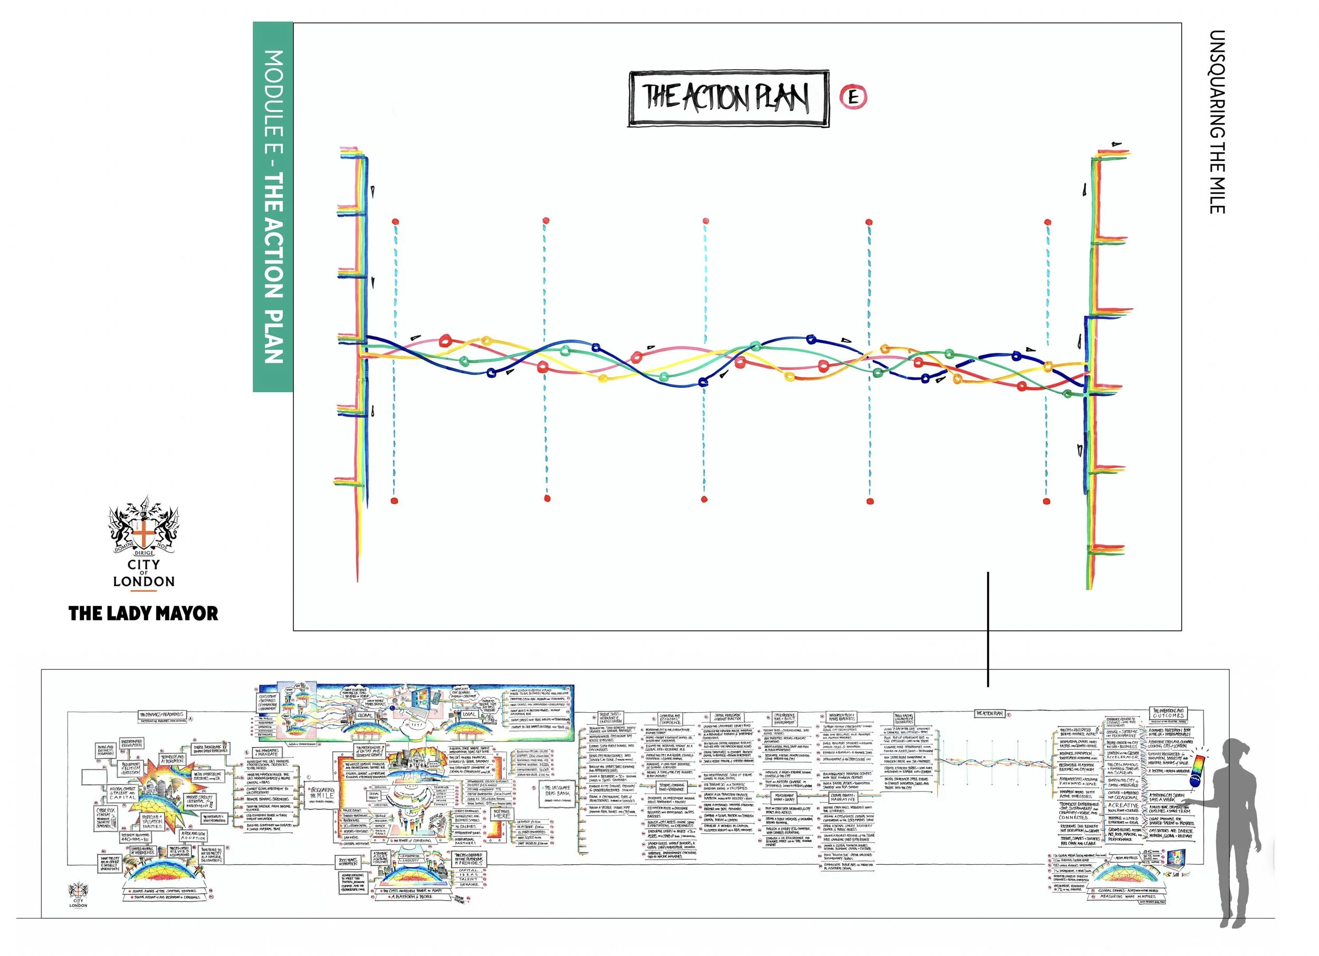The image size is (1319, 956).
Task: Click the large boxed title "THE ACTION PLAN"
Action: pyautogui.click(x=728, y=98)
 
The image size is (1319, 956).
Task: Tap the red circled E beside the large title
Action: pyautogui.click(x=853, y=97)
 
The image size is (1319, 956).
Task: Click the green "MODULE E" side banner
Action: pyautogui.click(x=273, y=206)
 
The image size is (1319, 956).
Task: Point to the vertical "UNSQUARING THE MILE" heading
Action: pyautogui.click(x=1217, y=121)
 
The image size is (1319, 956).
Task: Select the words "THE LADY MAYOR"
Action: pyautogui.click(x=143, y=613)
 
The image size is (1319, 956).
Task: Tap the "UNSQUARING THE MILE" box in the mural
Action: pyautogui.click(x=322, y=795)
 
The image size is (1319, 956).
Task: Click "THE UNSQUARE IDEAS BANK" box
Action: pyautogui.click(x=557, y=792)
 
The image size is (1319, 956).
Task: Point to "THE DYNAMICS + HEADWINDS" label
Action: pyautogui.click(x=160, y=715)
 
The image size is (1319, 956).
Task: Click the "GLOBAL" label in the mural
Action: pyautogui.click(x=365, y=715)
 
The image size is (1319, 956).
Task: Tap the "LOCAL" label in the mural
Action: pyautogui.click(x=470, y=714)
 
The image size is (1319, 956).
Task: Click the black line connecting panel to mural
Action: pyautogui.click(x=988, y=628)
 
